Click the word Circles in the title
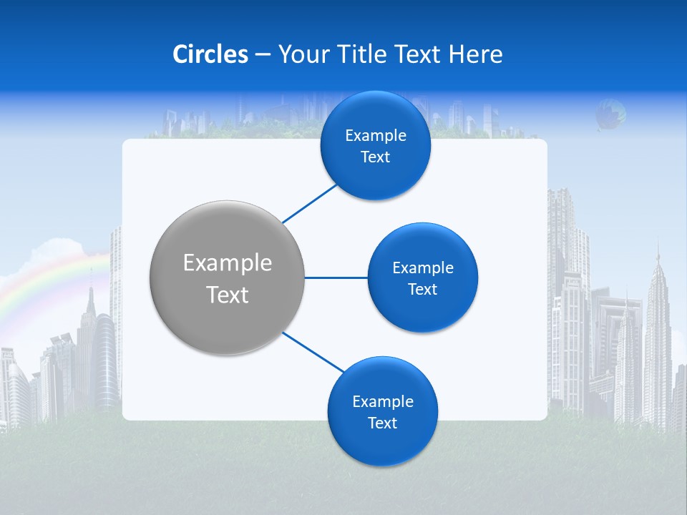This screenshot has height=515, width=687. coord(210,54)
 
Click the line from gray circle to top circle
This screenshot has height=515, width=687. coord(311,202)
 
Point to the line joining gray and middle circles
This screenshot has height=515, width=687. coord(336,278)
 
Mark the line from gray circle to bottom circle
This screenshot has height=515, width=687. coord(313,352)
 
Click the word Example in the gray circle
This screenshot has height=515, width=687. coord(227,263)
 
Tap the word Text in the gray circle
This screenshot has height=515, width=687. coord(227,295)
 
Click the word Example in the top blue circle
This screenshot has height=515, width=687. coord(375,136)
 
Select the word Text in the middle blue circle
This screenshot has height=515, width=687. coord(422,289)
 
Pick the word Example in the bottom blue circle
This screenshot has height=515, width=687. coord(382,401)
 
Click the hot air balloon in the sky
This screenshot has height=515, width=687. coord(610,114)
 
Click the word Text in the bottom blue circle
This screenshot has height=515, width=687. coord(382,423)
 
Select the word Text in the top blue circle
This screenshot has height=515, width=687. coord(375,157)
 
